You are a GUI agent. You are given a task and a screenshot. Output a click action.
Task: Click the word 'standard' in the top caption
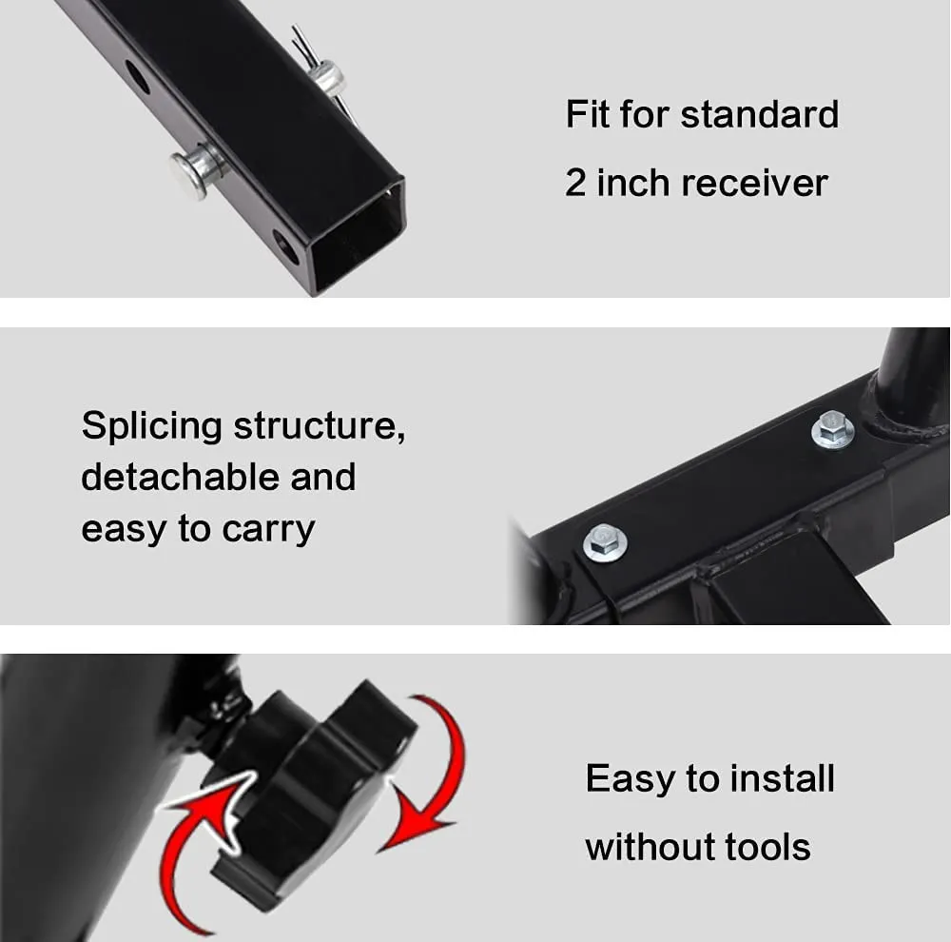click(x=759, y=114)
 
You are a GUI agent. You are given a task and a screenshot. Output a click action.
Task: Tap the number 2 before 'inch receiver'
click(x=575, y=183)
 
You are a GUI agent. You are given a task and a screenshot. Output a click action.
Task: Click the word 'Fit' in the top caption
click(x=587, y=114)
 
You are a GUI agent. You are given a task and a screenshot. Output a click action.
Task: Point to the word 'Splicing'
click(x=151, y=427)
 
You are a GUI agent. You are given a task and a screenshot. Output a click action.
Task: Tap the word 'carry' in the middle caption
click(x=268, y=531)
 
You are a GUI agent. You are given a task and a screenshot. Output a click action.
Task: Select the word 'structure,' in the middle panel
click(x=320, y=426)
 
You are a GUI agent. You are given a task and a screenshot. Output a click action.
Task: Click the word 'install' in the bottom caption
click(x=783, y=778)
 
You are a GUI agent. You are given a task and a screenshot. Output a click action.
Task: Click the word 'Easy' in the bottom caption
click(x=630, y=779)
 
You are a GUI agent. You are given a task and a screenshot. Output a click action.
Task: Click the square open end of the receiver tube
click(x=358, y=238)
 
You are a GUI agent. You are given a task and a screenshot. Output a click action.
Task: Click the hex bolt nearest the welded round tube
click(x=833, y=430)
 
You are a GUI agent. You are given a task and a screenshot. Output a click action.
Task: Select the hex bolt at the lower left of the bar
click(x=605, y=542)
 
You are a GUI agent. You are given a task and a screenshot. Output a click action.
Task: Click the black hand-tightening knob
click(x=309, y=789)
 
